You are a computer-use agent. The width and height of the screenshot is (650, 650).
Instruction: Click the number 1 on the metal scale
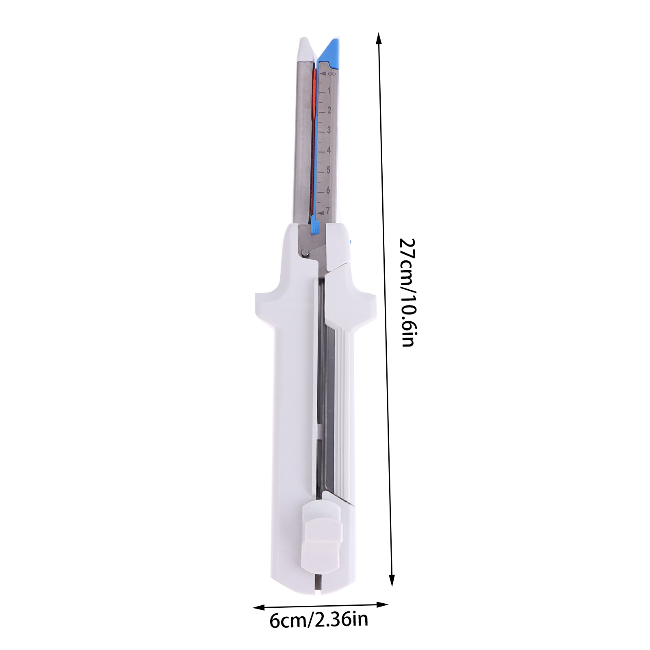tap(329, 91)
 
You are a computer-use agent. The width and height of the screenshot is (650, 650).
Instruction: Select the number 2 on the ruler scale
tap(329, 110)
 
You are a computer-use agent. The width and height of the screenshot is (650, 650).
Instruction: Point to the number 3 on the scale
tap(329, 130)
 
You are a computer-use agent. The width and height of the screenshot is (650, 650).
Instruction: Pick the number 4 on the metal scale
tap(329, 150)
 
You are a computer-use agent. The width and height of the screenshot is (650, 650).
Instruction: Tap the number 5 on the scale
tap(328, 170)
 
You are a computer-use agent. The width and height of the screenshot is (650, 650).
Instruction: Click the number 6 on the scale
tap(328, 190)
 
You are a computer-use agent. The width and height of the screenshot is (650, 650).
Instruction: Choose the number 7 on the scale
tap(328, 210)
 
